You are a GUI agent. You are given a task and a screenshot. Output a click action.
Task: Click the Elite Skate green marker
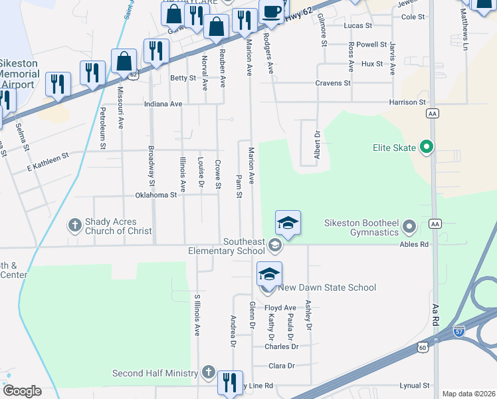[x=427, y=147]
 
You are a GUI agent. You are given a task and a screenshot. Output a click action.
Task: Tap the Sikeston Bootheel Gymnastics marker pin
[x=409, y=228]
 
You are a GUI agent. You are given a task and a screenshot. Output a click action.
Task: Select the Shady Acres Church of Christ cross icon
[x=74, y=226]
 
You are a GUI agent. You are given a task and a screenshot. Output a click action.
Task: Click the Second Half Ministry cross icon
[x=208, y=372]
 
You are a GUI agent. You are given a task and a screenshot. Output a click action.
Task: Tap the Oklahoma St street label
[x=156, y=195]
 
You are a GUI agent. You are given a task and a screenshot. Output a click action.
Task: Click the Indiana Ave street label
[x=163, y=104]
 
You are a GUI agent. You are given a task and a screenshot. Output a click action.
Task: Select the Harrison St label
[x=407, y=102]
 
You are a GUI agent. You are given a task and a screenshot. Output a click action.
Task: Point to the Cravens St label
[x=332, y=83]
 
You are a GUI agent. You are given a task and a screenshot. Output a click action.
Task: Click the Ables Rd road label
[x=414, y=244]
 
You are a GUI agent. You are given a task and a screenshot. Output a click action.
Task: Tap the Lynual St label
[x=416, y=386]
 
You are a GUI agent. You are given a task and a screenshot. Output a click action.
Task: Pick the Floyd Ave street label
[x=280, y=308]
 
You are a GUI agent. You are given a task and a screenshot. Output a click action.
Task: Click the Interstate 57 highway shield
[x=459, y=331]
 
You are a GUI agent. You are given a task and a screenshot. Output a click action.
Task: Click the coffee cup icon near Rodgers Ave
[x=271, y=11]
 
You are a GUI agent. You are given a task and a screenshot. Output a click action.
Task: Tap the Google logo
[x=22, y=391]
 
